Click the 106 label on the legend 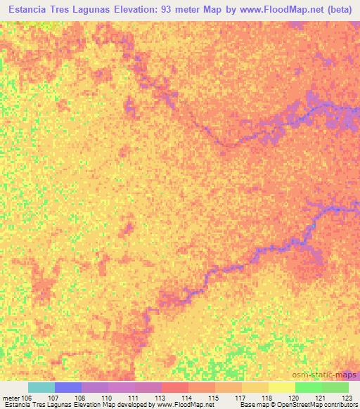tap(27, 397)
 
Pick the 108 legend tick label tap(79, 397)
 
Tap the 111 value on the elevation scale tap(133, 397)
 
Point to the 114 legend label tap(187, 397)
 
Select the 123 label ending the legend tap(347, 397)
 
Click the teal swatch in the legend tap(41, 387)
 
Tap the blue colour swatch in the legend tap(68, 387)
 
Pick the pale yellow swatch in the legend tap(282, 387)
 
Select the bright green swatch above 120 tap(309, 387)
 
